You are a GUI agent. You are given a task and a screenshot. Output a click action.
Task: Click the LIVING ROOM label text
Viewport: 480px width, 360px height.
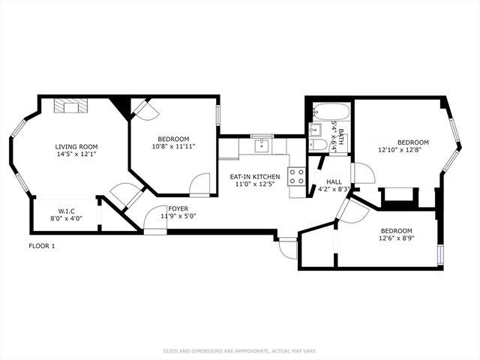tap(76, 146)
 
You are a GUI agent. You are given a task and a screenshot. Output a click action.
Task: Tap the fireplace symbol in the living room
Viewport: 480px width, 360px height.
tap(71, 106)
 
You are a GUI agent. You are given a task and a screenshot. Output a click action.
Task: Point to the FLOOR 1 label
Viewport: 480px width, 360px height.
tap(42, 246)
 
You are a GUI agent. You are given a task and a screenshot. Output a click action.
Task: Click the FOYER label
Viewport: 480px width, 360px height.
tap(178, 208)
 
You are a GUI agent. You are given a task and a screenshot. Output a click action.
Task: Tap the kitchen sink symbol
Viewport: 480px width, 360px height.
tap(261, 145)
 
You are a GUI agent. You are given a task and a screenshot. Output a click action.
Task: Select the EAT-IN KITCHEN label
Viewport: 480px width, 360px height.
tap(254, 176)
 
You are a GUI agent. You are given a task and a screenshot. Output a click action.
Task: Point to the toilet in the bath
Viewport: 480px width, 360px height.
tap(319, 144)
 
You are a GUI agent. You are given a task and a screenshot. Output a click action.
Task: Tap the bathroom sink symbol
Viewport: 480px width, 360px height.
tap(316, 129)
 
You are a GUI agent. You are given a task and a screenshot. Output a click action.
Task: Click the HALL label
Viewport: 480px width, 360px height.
tap(334, 181)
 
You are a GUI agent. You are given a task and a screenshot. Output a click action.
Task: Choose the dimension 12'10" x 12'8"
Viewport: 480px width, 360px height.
tap(403, 150)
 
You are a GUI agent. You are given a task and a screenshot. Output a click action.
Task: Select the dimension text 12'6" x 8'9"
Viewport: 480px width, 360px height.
tap(397, 238)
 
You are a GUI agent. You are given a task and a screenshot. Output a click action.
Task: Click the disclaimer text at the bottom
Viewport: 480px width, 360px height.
tap(240, 350)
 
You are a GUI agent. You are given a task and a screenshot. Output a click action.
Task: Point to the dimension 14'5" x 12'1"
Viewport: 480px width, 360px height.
tap(76, 154)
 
